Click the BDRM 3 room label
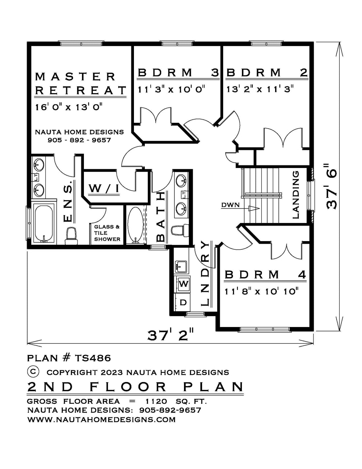178,72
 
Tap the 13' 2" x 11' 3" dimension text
260,89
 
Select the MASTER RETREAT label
81,84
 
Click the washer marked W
184,284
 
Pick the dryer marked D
183,303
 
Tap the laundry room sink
181,266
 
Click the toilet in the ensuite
71,236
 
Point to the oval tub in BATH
135,225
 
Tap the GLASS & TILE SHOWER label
107,233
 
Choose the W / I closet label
104,189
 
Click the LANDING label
296,195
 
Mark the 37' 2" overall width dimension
170,335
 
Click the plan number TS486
93,358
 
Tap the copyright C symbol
33,372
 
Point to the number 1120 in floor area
156,401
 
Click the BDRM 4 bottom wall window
265,329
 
